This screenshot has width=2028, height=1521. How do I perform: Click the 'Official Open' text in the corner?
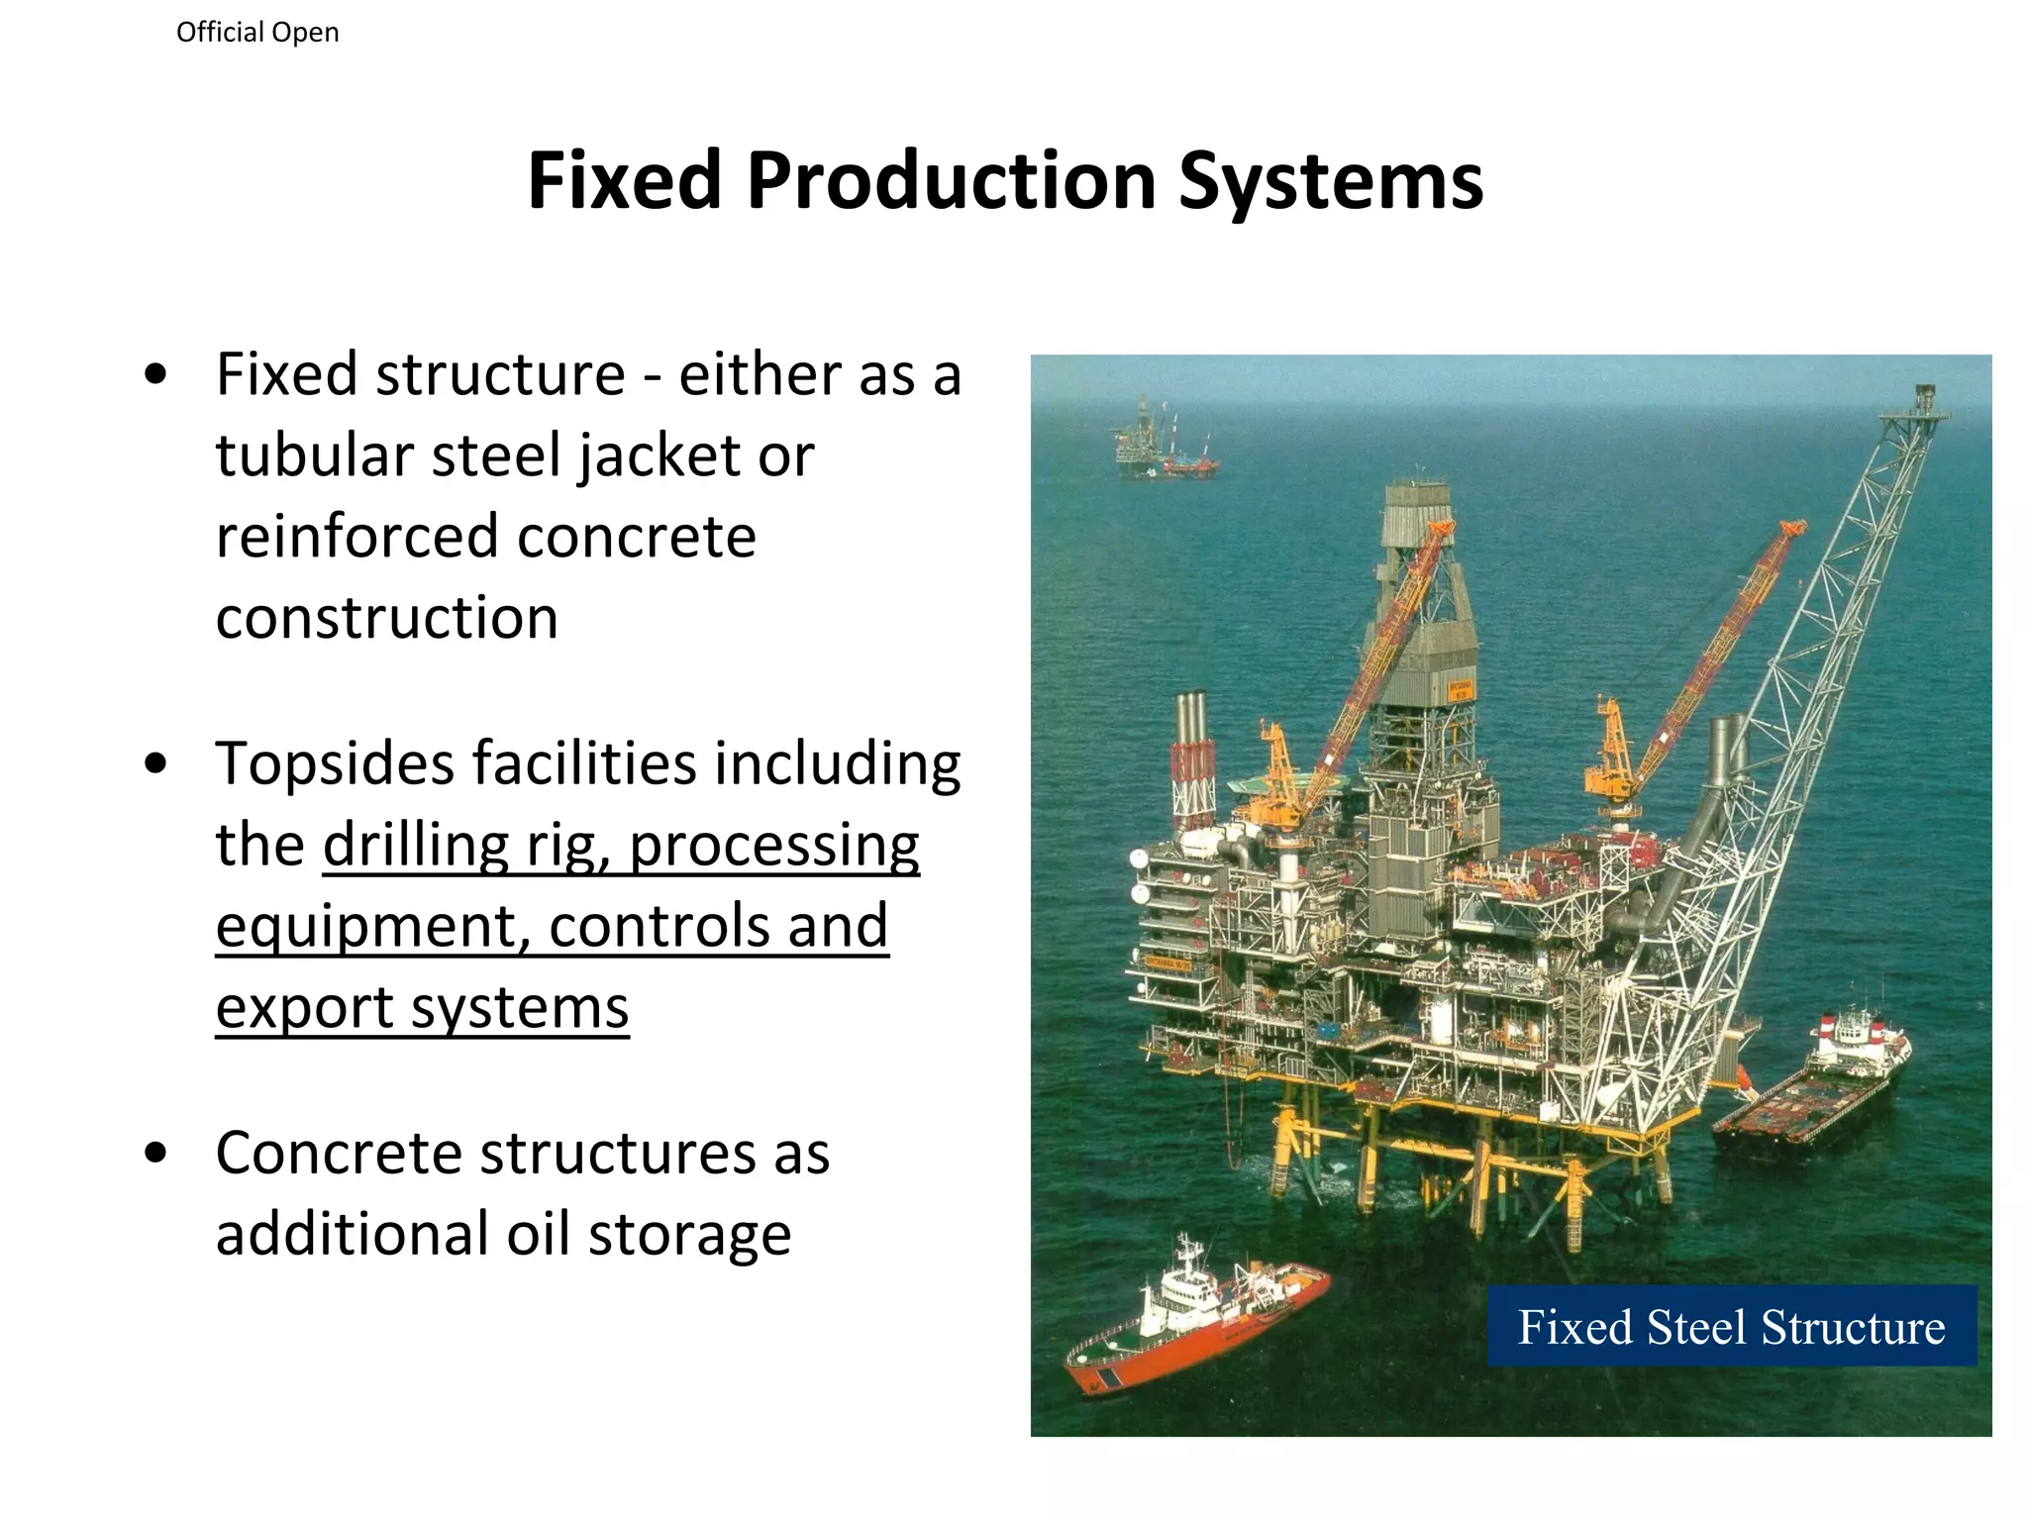[x=257, y=33]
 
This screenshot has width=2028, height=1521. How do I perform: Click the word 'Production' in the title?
[x=951, y=181]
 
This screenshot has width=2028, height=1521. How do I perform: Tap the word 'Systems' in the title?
[x=1331, y=181]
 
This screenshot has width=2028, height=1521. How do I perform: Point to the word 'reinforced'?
[x=357, y=537]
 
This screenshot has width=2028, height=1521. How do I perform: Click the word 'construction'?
[x=387, y=618]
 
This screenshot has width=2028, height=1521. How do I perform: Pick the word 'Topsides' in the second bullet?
[x=334, y=764]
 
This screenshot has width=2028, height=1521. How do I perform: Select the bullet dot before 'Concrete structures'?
[x=155, y=1154]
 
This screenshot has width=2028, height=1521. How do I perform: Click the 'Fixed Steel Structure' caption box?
[x=1731, y=1326]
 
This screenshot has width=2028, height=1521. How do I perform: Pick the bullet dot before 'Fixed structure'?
[x=155, y=376]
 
